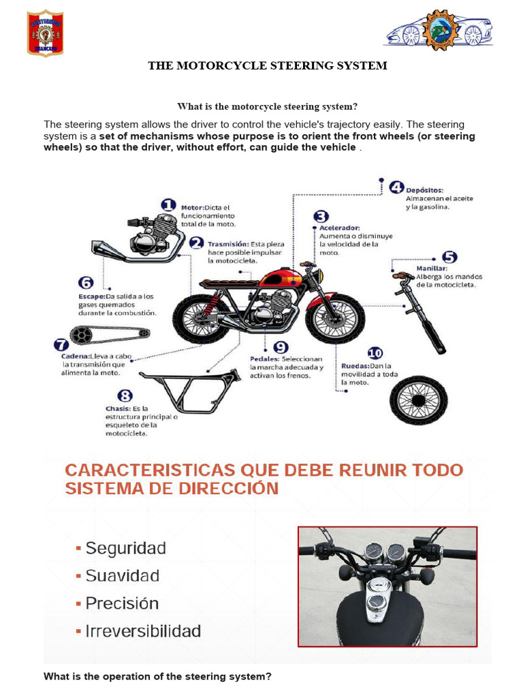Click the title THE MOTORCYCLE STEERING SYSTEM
click(x=268, y=66)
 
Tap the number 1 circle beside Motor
click(x=168, y=205)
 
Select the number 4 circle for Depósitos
click(x=395, y=187)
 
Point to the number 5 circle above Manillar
click(x=449, y=258)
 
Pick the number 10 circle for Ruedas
click(x=375, y=353)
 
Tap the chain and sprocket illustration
click(x=109, y=335)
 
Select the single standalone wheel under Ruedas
click(x=418, y=400)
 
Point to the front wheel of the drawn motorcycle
click(x=335, y=318)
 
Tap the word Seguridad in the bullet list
click(x=125, y=548)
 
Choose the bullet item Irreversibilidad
click(x=142, y=631)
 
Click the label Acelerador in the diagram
click(x=340, y=227)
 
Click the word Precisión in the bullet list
click(x=122, y=603)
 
